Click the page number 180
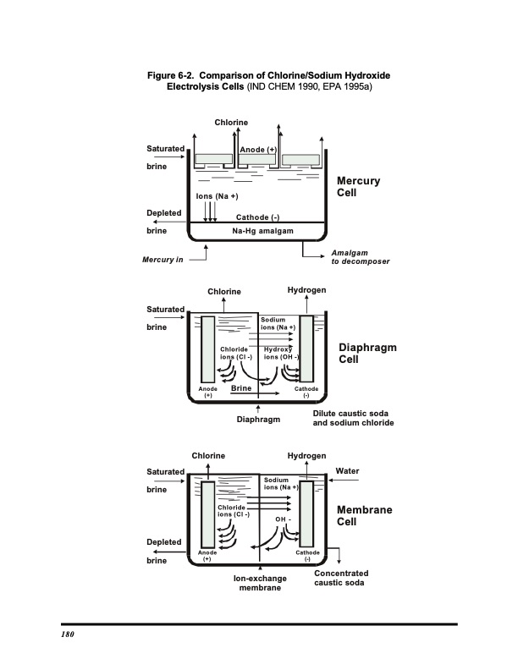tap(68, 634)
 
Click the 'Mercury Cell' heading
tap(358, 187)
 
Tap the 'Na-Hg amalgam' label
tap(263, 231)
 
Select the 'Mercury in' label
tap(163, 260)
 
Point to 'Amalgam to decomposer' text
tap(361, 257)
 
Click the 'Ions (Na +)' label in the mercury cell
tap(218, 196)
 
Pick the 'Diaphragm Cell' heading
tap(367, 354)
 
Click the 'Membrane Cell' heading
tap(364, 516)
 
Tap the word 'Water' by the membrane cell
tap(347, 471)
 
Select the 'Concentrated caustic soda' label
tap(341, 578)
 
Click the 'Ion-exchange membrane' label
tap(260, 583)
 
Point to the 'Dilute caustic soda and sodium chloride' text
tap(353, 418)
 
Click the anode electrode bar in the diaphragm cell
tap(207, 349)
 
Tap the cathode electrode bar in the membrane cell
tap(306, 513)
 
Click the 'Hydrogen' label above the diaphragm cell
tap(306, 290)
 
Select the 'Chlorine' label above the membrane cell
tap(208, 455)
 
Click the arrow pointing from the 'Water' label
tap(344, 481)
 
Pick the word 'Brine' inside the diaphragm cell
tap(241, 388)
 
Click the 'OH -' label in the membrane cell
tap(283, 519)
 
